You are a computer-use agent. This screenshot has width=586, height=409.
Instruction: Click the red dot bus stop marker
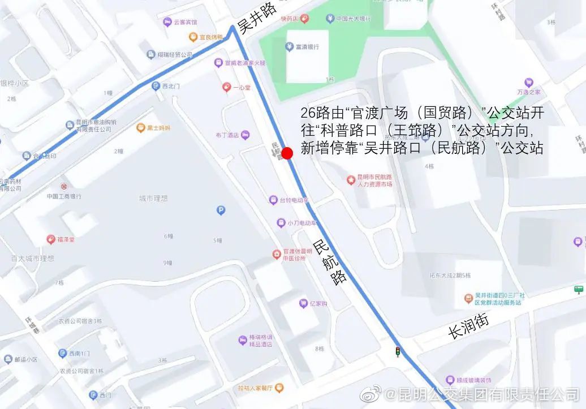click(x=287, y=153)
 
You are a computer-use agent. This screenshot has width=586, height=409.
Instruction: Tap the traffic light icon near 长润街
click(x=398, y=351)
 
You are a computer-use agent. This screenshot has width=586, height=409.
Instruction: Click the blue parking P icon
click(x=221, y=210)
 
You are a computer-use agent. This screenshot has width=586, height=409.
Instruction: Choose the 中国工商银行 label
click(x=64, y=196)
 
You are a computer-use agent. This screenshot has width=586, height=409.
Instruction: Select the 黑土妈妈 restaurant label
click(x=154, y=128)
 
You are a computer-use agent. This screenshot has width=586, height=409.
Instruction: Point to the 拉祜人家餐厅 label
click(x=260, y=388)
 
